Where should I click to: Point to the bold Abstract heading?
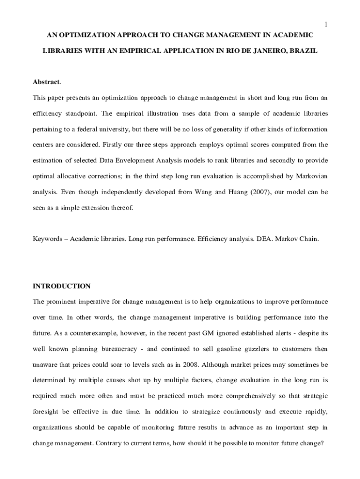coord(46,82)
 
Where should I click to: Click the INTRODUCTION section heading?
coord(61,286)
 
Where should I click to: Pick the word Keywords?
coord(47,239)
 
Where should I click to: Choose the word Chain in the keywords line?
coord(310,239)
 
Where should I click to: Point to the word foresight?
coord(46,412)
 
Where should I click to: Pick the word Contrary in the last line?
coord(108,443)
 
